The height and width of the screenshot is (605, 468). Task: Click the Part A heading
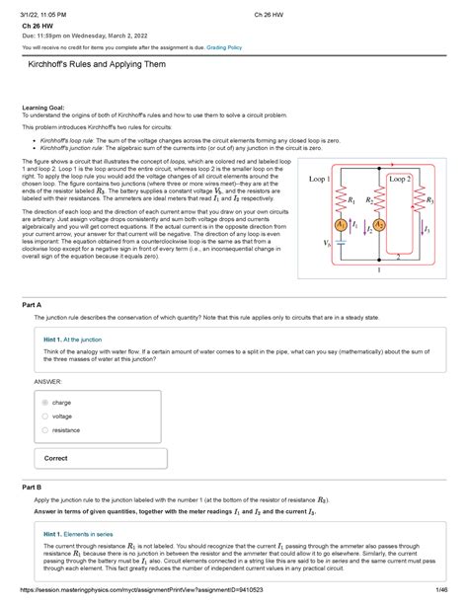[x=33, y=306]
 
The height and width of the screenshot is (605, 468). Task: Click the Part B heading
[x=33, y=488]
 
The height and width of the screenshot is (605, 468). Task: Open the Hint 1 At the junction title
[x=81, y=339]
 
